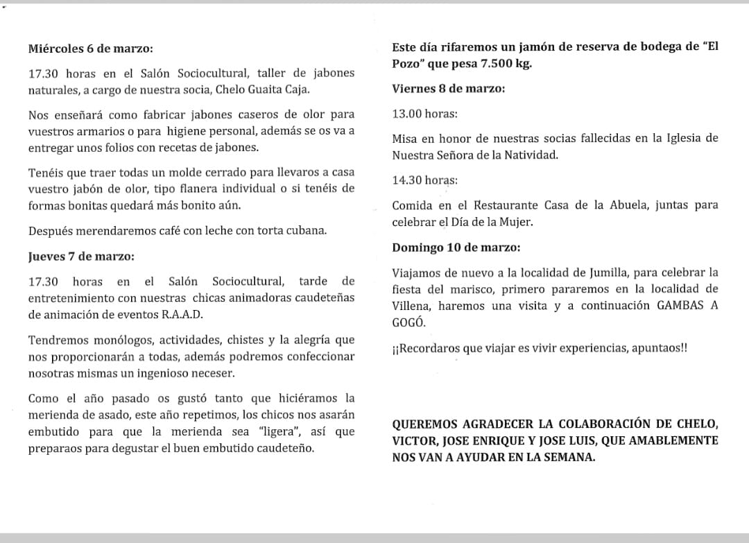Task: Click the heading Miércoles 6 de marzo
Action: (91, 49)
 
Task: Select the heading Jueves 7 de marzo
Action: (82, 256)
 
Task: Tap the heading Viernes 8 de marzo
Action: (448, 89)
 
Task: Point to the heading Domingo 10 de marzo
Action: (456, 247)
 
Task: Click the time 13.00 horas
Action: (424, 113)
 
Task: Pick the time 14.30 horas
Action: (424, 180)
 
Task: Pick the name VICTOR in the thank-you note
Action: (413, 440)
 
